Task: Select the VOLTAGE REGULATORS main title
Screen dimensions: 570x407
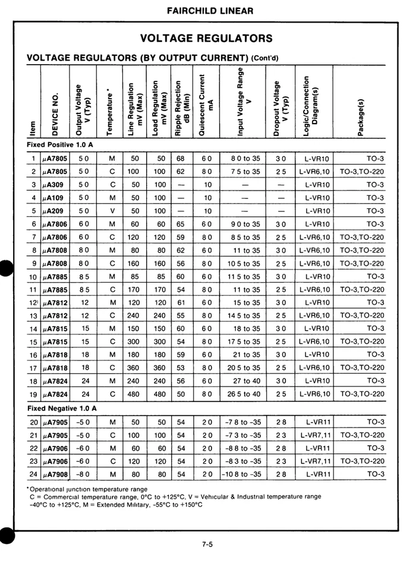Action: tap(207, 39)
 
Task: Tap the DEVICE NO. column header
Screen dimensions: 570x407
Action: tap(56, 113)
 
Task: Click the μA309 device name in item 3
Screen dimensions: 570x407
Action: tap(55, 185)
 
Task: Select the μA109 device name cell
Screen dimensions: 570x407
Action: tap(55, 198)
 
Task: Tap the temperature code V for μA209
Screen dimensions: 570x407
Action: tap(113, 211)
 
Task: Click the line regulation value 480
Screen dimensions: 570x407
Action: tap(135, 394)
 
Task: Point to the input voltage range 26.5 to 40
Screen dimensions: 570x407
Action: tap(243, 394)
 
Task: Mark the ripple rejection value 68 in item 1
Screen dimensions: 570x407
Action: tap(181, 159)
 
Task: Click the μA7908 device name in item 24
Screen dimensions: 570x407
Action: tap(56, 474)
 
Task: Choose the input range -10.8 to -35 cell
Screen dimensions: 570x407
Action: tap(242, 474)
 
